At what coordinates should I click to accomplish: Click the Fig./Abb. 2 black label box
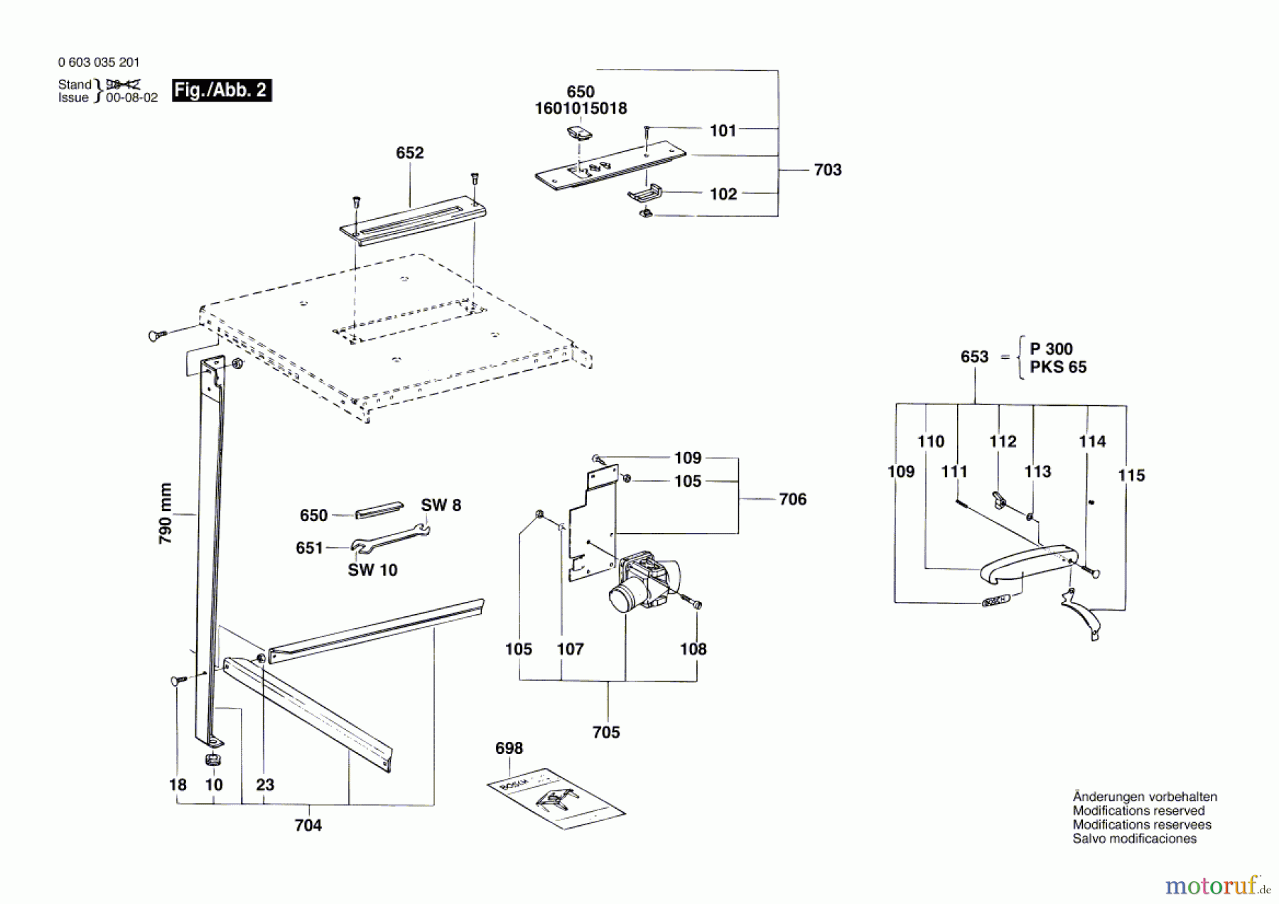pos(221,90)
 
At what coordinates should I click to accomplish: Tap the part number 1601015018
pos(581,109)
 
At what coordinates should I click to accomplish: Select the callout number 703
pos(827,170)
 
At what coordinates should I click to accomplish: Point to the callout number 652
pos(409,153)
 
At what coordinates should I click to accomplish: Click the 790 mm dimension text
pos(166,513)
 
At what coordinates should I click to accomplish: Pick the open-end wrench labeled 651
pos(389,538)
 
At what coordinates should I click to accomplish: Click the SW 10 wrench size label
pos(372,570)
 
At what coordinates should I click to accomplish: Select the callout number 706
pos(792,500)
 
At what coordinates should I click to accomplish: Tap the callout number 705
pos(606,732)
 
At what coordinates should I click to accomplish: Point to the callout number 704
pos(308,825)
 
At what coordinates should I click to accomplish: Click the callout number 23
pos(264,785)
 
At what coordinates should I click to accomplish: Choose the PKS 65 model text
pos(1057,367)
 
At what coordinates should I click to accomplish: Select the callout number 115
pos(1131,475)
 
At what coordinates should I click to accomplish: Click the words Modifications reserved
pos(1138,811)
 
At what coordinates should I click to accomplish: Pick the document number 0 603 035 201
pos(99,63)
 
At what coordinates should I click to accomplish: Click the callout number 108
pos(693,649)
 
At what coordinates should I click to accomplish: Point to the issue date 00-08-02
pos(131,98)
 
